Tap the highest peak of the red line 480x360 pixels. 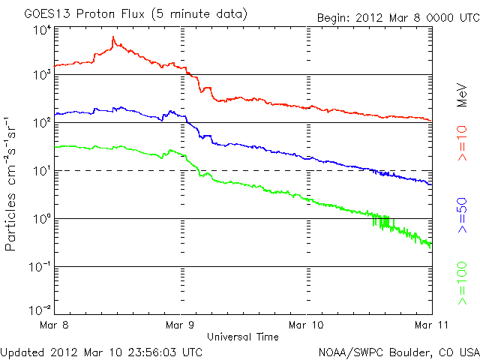point(113,37)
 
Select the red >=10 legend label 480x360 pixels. point(463,143)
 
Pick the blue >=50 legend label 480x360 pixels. point(463,215)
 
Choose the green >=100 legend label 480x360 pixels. point(463,283)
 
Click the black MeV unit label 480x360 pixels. point(462,95)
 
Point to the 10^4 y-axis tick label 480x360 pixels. point(42,31)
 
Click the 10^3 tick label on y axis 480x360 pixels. point(42,74)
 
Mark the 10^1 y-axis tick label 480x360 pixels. point(42,170)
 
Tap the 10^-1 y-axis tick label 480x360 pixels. point(40,267)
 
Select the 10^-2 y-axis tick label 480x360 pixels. point(40,310)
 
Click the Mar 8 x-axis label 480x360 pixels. point(54,325)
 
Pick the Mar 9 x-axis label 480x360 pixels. point(180,325)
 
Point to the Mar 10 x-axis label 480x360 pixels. point(306,325)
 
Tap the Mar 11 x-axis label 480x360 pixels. point(431,325)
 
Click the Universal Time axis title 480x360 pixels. point(243,337)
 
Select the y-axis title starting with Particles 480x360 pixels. point(10,184)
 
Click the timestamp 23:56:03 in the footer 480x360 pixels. point(153,352)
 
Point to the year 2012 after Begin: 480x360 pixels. point(369,17)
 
